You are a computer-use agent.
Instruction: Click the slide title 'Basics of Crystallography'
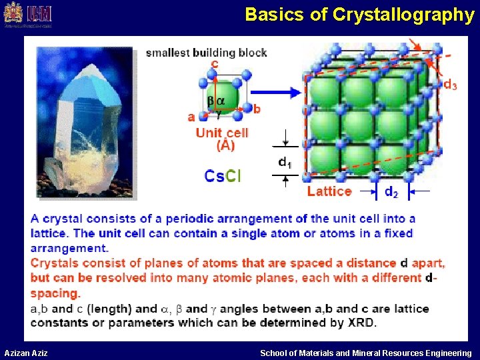click(359, 15)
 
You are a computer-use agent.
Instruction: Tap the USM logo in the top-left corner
click(27, 15)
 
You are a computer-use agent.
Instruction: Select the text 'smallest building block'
click(206, 53)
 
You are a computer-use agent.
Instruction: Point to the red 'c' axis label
click(214, 65)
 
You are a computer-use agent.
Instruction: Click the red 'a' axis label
click(191, 117)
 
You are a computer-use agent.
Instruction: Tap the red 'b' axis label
click(257, 109)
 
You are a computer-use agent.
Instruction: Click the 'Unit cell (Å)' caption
click(222, 139)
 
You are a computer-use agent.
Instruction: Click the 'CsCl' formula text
click(222, 176)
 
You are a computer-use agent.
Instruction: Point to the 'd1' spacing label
click(285, 162)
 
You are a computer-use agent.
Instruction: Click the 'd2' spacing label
click(392, 192)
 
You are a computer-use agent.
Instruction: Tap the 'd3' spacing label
click(450, 85)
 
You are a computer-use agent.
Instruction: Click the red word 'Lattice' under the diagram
click(329, 191)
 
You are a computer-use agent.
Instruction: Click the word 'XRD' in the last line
click(361, 323)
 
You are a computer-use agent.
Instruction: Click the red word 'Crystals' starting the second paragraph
click(55, 263)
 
